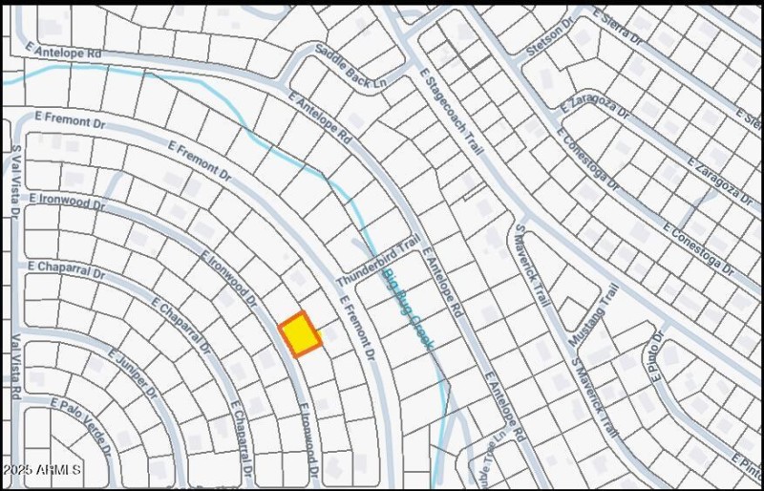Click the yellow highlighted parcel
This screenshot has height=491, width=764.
[x=299, y=334]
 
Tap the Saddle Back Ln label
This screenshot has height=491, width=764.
[x=350, y=68]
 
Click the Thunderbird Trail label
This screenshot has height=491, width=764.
[x=377, y=254]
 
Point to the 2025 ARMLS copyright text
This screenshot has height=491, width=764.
[x=43, y=471]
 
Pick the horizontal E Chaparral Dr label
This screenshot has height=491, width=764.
[x=66, y=269]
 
